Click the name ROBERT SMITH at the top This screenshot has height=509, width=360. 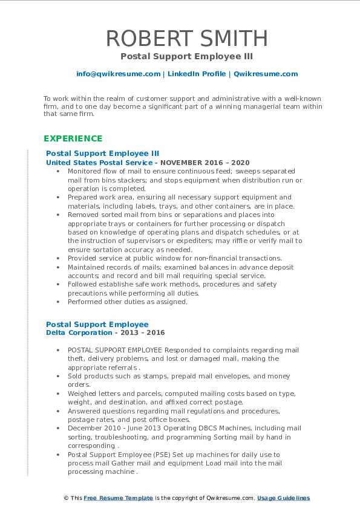[187, 38]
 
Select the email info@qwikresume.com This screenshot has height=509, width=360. [118, 74]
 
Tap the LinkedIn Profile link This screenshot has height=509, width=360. [196, 74]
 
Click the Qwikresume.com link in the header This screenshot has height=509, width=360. [266, 74]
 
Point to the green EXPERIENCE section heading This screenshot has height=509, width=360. [73, 138]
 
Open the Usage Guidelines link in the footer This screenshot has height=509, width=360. [283, 498]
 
